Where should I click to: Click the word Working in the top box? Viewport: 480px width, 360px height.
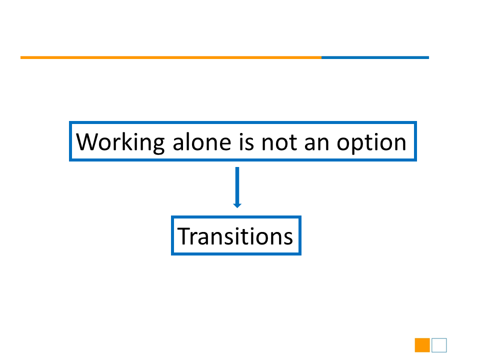(x=120, y=142)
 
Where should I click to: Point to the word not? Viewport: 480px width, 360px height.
(x=279, y=142)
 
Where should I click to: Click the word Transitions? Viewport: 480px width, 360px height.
(x=235, y=236)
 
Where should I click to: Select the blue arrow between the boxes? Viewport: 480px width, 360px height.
(x=237, y=187)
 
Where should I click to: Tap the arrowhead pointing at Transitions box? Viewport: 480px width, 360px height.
(x=237, y=205)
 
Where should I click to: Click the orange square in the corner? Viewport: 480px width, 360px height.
(x=422, y=345)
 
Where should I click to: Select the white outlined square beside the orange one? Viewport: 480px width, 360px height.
(x=439, y=345)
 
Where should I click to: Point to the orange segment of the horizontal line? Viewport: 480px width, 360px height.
(x=171, y=57)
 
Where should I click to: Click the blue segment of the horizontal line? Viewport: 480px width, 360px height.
(x=375, y=57)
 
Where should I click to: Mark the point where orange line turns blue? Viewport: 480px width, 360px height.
(x=321, y=57)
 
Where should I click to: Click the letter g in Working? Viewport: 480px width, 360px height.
(x=158, y=145)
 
